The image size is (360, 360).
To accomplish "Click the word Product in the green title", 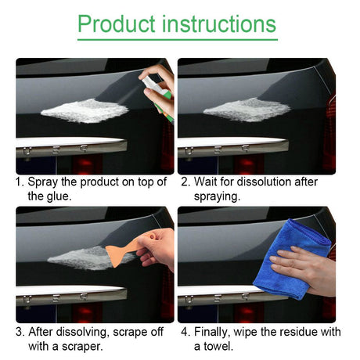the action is click(x=117, y=24).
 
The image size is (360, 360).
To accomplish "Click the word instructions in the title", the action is click(x=219, y=23).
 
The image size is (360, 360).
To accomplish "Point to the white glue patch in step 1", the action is click(x=85, y=111).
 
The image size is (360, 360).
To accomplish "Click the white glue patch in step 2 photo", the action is click(x=247, y=110).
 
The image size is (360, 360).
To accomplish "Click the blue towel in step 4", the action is click(x=292, y=260).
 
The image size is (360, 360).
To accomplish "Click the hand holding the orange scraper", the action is click(x=157, y=249).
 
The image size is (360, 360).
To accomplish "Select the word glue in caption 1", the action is click(x=59, y=196).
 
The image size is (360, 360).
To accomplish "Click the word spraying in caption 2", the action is click(x=217, y=196).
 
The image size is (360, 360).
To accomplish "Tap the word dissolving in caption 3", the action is click(x=82, y=332).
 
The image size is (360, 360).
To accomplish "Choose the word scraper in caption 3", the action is click(x=82, y=347).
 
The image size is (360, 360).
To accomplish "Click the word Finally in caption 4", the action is click(x=212, y=332).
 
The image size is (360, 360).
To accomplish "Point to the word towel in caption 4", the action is click(x=218, y=347).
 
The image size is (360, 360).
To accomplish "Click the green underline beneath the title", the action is click(x=178, y=40).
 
